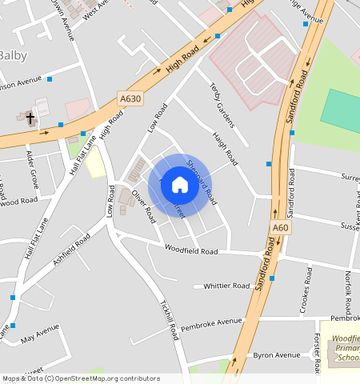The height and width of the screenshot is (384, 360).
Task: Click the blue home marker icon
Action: point(180,185)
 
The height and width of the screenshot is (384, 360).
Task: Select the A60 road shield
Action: point(280,228)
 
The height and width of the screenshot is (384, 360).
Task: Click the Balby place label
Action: point(14,55)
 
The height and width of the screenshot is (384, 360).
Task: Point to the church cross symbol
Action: point(30,119)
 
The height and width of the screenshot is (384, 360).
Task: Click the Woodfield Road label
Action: point(191,251)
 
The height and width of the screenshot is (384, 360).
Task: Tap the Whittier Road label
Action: point(226,286)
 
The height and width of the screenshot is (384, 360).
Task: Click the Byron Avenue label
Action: point(276,354)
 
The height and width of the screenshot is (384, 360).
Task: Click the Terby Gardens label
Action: point(221,105)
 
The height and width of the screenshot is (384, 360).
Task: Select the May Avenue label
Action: point(40,332)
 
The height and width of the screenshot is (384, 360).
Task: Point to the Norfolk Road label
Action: point(349,292)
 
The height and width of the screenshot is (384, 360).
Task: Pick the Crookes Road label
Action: point(306,290)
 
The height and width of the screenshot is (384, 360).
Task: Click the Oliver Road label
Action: point(143,205)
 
